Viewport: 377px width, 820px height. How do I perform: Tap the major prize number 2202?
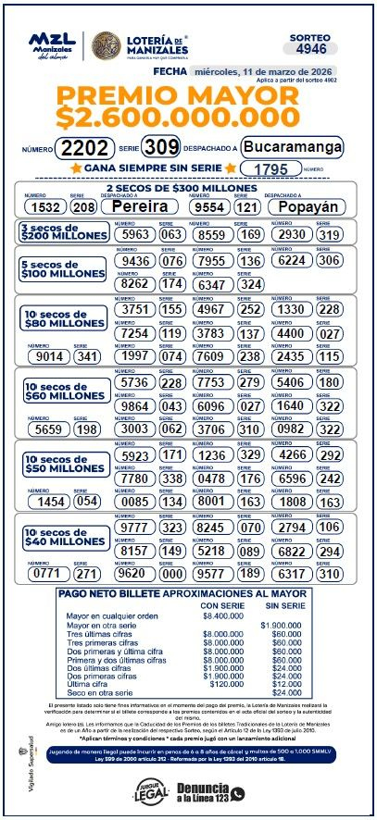84,148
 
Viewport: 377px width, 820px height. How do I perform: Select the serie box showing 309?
161,147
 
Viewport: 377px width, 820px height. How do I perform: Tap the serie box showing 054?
86,501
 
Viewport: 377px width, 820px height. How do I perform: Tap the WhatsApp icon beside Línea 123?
238,793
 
